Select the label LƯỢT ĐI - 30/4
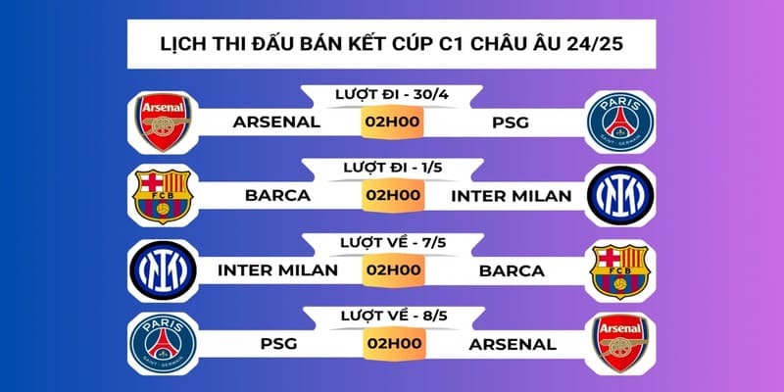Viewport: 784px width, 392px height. (x=391, y=94)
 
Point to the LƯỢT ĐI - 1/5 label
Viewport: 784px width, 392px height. (x=391, y=168)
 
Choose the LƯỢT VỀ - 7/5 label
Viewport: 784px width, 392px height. (x=391, y=241)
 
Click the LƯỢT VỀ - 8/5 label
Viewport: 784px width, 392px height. (x=391, y=315)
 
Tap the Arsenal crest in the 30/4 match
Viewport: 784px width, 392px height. (x=162, y=122)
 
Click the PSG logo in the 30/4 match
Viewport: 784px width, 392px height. (x=619, y=122)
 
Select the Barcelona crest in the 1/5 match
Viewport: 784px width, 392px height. (x=162, y=195)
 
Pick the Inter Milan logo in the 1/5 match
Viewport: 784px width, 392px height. (x=619, y=195)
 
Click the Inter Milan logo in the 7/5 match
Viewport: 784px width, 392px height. (x=162, y=269)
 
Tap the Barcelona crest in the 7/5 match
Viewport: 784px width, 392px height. (x=619, y=269)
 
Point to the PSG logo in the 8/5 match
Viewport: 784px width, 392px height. (x=162, y=343)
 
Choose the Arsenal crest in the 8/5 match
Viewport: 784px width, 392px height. (x=619, y=343)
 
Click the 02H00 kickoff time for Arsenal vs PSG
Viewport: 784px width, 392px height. (x=391, y=123)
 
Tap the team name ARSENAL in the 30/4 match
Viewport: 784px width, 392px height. (x=276, y=123)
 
